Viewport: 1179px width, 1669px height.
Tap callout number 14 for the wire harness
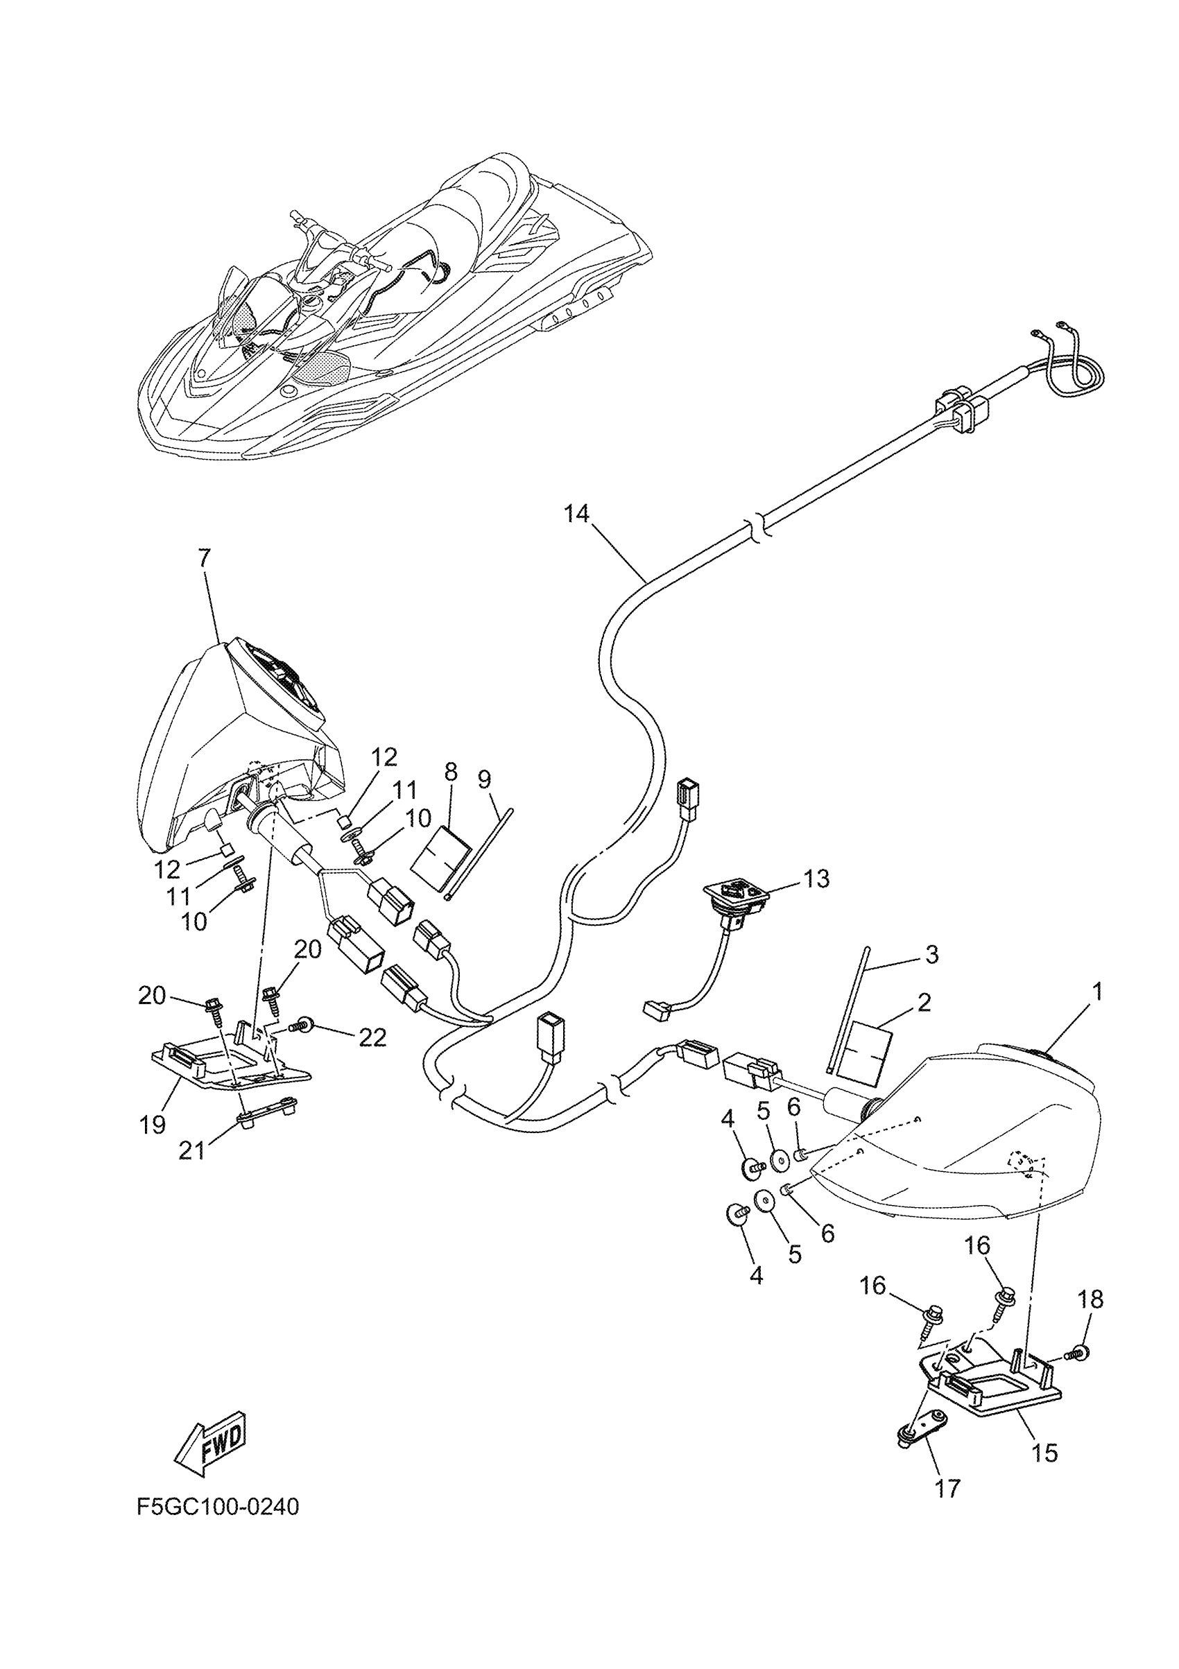(576, 514)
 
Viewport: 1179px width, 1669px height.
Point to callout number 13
(817, 879)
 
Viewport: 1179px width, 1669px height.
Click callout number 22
(372, 1037)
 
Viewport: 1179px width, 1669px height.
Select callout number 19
(153, 1125)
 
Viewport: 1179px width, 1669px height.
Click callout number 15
(1044, 1453)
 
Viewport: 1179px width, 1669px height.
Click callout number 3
(931, 953)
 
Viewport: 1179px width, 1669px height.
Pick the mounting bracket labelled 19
(229, 1067)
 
